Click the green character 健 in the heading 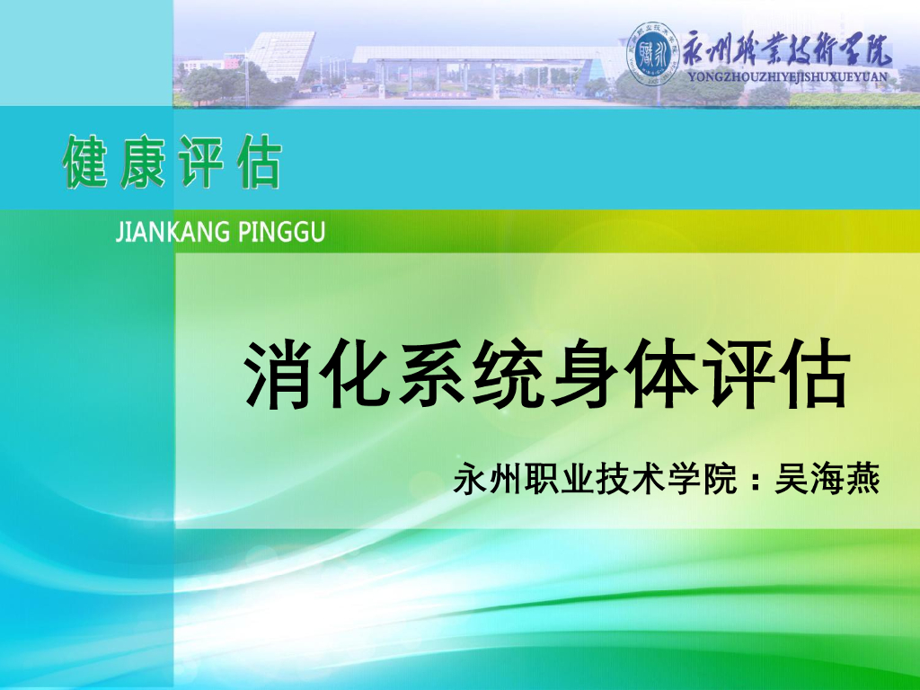[84, 163]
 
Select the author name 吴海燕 [827, 479]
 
